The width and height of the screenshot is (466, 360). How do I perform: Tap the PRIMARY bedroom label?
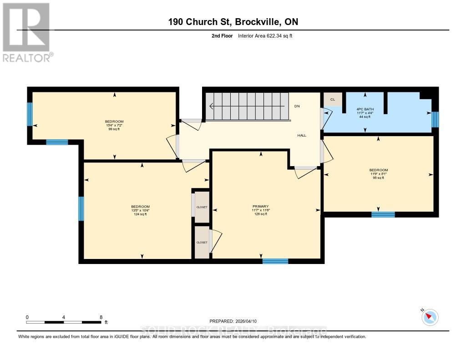click(261, 210)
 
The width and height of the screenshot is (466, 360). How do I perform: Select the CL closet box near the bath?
click(332, 99)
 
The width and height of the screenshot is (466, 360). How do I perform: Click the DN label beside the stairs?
click(297, 106)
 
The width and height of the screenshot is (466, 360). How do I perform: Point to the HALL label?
click(302, 136)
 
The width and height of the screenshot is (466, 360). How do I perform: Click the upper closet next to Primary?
click(202, 207)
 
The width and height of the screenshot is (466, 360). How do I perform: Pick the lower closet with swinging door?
click(202, 243)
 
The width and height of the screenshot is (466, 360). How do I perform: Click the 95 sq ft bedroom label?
click(378, 174)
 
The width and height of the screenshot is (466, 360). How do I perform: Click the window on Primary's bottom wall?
click(275, 261)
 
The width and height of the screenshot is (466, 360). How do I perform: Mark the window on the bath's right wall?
click(435, 119)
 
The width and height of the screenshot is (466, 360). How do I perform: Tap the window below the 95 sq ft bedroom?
click(383, 214)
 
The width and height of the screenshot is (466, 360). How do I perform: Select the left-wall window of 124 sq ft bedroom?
click(81, 208)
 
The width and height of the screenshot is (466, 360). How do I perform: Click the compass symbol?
click(430, 317)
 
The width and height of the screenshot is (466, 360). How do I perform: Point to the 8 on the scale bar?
click(101, 317)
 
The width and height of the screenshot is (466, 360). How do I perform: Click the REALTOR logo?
click(28, 32)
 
